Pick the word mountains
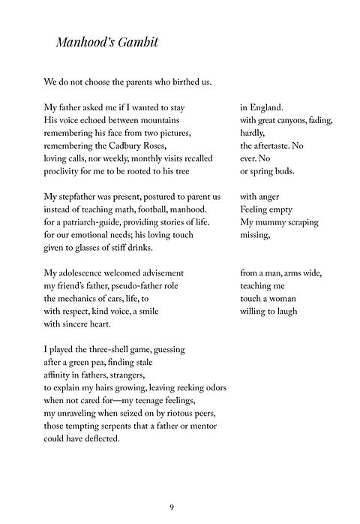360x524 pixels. (x=175, y=120)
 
